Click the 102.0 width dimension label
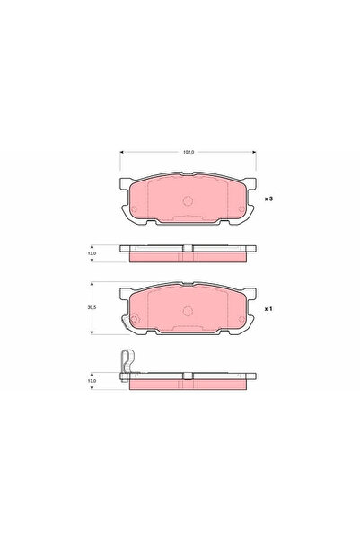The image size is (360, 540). [188, 153]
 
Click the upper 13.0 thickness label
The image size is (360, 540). [92, 253]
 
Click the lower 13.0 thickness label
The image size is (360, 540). [92, 380]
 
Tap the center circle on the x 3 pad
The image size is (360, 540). [189, 200]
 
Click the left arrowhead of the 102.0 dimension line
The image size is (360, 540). [122, 153]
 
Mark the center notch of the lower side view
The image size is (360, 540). [188, 382]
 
